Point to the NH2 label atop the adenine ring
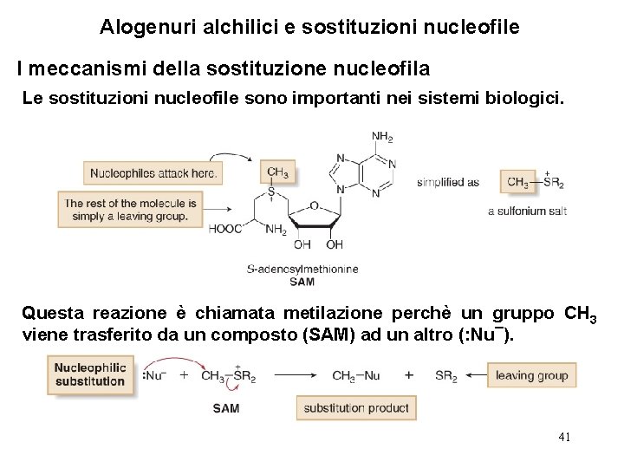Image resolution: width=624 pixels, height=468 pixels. tap(381, 136)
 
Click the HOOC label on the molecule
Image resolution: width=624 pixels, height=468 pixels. tap(224, 229)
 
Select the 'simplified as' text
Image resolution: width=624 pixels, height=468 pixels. tap(448, 183)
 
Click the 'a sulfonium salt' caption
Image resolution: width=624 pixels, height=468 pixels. tap(527, 211)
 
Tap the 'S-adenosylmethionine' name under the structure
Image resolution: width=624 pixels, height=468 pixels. tap(302, 269)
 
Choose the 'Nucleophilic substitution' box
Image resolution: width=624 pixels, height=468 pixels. tap(91, 374)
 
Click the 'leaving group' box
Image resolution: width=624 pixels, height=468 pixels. tap(532, 375)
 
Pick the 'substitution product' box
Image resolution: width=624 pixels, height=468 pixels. tap(356, 407)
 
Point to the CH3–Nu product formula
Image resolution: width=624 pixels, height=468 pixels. tap(356, 375)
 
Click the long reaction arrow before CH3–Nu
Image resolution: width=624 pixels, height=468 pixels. tap(288, 375)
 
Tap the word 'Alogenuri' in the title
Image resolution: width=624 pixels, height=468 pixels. tap(138, 27)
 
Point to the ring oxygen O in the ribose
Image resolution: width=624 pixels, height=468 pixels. tap(314, 205)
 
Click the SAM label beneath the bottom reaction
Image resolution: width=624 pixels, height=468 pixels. tap(225, 407)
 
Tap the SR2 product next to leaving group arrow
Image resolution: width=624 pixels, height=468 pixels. tap(446, 375)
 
